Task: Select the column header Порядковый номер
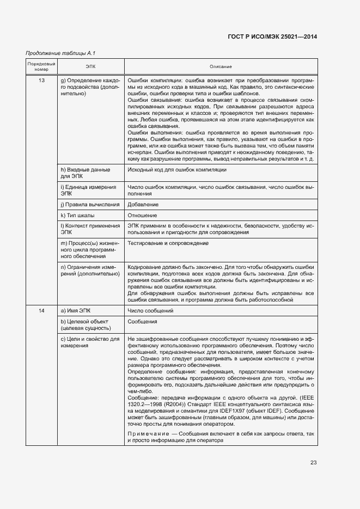(x=41, y=66)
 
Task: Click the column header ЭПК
(x=90, y=66)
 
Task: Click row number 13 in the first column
(x=41, y=80)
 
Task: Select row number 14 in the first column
(x=41, y=310)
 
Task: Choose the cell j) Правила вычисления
(x=90, y=204)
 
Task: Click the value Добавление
(x=143, y=204)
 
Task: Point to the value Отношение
(x=142, y=215)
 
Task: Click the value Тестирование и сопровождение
(x=168, y=243)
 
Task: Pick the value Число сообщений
(x=150, y=310)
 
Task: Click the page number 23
(x=313, y=462)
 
